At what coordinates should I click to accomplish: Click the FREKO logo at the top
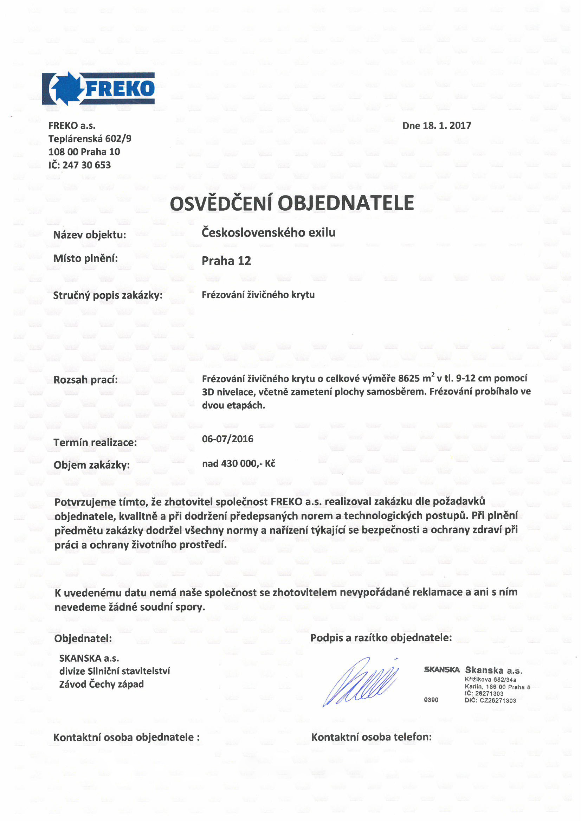coord(98,89)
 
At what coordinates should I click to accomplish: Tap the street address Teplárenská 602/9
coord(90,139)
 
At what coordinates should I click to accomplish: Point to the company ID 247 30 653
coord(86,165)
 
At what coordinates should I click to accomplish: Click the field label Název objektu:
coord(90,235)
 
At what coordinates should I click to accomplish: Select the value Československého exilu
coord(269,233)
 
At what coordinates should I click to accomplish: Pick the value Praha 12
coord(226,261)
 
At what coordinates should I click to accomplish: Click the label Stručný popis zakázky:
coord(108,296)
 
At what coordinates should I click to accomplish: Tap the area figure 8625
coord(409,379)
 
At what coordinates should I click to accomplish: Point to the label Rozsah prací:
coord(85,379)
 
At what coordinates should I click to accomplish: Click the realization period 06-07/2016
coord(227,439)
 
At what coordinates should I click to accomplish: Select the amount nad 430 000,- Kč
coord(238,464)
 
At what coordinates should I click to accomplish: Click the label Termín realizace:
coord(95,443)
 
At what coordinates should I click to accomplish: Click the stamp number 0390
coord(431,700)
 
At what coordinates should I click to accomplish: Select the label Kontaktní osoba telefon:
coord(371,737)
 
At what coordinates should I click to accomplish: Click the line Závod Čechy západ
coord(101,685)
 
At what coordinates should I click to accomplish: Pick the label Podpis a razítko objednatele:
coord(381,638)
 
